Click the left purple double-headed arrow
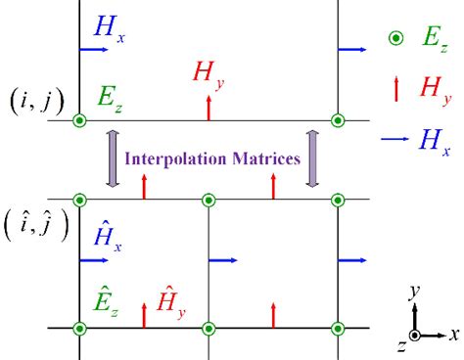[x=111, y=157]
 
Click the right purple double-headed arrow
[x=313, y=157]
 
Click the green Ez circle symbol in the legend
[x=394, y=38]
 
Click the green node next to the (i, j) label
[x=79, y=120]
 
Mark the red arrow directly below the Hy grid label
[x=209, y=108]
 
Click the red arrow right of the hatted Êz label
[x=144, y=314]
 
